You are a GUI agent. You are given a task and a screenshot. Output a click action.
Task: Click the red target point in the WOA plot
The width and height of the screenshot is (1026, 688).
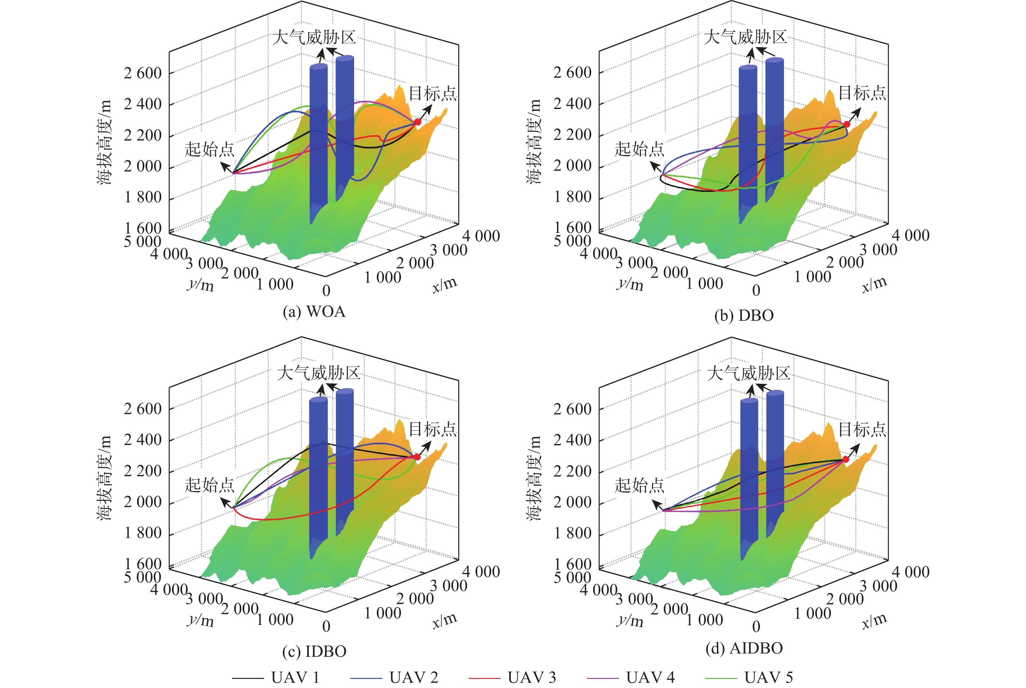417,122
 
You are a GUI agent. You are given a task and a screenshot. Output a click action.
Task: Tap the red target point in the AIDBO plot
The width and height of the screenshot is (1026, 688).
846,459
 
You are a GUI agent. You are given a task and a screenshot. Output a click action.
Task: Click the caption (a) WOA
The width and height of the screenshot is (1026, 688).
314,312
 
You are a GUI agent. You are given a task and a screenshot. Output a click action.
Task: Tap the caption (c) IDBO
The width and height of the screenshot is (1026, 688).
314,652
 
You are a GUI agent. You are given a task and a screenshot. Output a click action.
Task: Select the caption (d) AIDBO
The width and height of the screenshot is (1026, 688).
744,648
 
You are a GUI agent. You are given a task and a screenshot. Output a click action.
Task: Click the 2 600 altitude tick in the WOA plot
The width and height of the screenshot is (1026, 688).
143,73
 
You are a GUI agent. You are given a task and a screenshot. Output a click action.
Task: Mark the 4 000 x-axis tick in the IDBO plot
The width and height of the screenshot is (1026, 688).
481,571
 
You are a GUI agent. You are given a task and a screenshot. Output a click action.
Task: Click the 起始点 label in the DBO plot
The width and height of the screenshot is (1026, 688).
639,149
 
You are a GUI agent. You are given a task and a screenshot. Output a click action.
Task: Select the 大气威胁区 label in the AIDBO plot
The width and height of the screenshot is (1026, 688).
748,373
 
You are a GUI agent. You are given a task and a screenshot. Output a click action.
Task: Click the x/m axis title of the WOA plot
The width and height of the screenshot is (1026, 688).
445,285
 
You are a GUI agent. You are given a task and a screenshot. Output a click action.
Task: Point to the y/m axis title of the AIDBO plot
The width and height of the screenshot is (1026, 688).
630,620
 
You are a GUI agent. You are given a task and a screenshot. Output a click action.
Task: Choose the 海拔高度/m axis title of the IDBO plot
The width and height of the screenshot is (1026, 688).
104,478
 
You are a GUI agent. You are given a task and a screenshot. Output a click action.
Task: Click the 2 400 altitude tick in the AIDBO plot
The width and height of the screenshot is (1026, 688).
572,440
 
